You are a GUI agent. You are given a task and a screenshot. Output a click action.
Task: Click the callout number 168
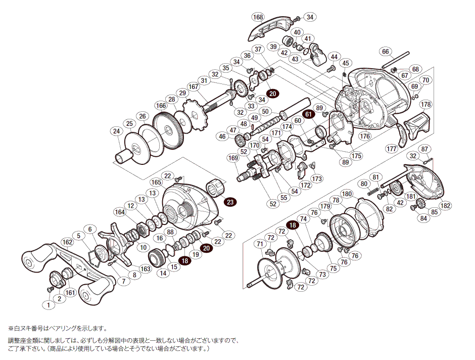(258, 17)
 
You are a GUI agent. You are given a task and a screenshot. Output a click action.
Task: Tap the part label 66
(386, 51)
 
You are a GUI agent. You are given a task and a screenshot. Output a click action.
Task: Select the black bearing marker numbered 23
(230, 202)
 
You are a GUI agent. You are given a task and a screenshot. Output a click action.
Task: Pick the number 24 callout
(117, 132)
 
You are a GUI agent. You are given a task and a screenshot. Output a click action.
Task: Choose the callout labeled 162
(67, 242)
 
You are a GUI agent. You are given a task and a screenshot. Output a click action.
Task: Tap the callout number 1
(48, 305)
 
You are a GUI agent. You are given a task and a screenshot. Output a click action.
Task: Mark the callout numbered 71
(260, 244)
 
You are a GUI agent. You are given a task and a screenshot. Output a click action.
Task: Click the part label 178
(426, 104)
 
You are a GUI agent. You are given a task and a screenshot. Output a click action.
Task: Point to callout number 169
(233, 158)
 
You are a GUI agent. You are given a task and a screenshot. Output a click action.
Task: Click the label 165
(156, 182)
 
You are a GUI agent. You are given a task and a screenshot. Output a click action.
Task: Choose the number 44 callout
(334, 57)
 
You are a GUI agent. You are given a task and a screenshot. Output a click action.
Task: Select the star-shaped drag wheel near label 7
(116, 245)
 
